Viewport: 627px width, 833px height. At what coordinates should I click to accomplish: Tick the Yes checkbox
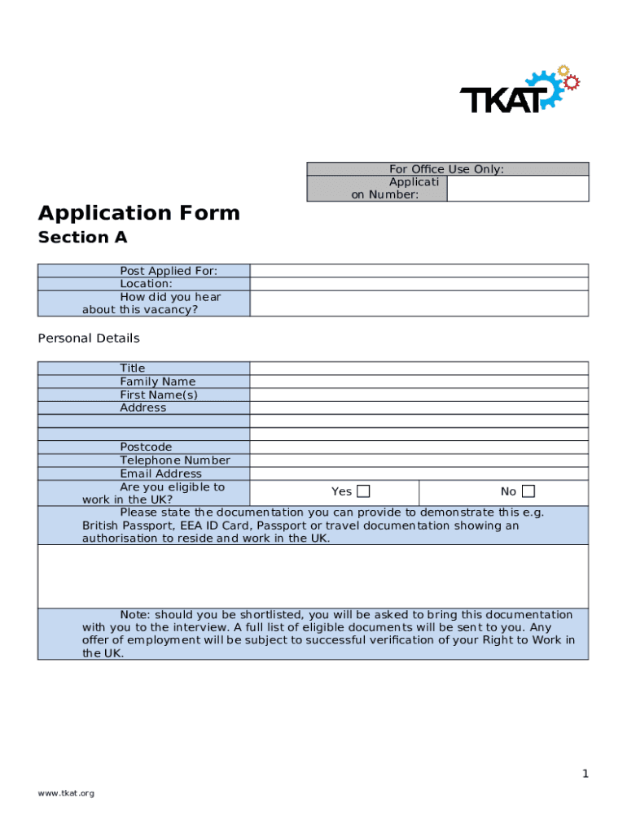pyautogui.click(x=363, y=491)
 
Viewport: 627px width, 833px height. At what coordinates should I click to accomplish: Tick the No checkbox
pyautogui.click(x=528, y=491)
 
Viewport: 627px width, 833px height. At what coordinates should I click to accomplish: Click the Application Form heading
pyautogui.click(x=139, y=213)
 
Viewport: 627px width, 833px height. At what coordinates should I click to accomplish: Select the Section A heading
pyautogui.click(x=82, y=238)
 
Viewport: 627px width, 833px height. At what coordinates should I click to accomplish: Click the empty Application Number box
pyautogui.click(x=517, y=188)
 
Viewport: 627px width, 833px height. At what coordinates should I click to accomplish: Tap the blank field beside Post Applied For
pyautogui.click(x=419, y=271)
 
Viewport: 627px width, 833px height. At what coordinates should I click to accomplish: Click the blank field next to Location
pyautogui.click(x=419, y=284)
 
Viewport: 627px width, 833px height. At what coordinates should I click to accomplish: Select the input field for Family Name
pyautogui.click(x=419, y=382)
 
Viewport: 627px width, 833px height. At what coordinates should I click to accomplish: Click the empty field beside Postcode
pyautogui.click(x=419, y=447)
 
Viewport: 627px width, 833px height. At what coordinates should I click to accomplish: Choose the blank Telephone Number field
pyautogui.click(x=419, y=460)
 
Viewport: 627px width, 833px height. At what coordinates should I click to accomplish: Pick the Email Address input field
pyautogui.click(x=419, y=473)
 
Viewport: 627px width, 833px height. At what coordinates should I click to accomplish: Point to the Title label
pyautogui.click(x=133, y=369)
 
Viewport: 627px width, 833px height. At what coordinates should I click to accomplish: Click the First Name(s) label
pyautogui.click(x=159, y=395)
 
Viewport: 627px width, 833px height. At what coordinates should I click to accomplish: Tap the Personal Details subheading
pyautogui.click(x=89, y=338)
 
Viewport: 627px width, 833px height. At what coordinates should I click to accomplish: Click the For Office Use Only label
pyautogui.click(x=446, y=169)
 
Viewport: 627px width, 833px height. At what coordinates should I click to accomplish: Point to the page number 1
pyautogui.click(x=585, y=774)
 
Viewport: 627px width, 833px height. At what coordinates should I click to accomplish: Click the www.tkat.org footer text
pyautogui.click(x=66, y=793)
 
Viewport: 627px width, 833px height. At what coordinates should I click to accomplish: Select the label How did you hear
pyautogui.click(x=170, y=297)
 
